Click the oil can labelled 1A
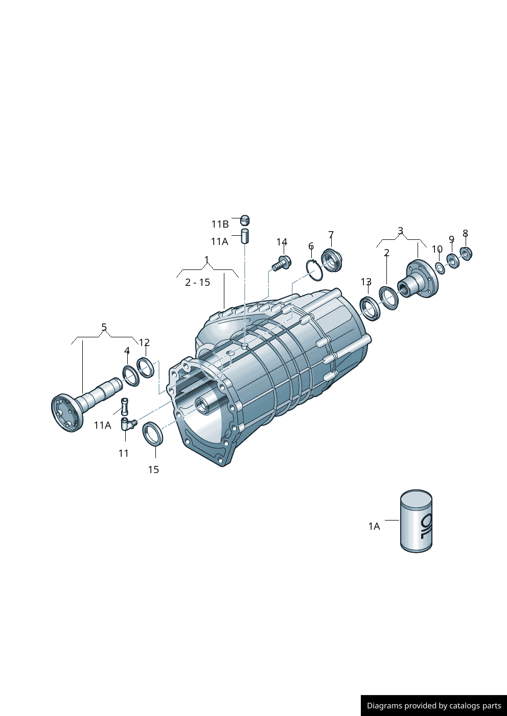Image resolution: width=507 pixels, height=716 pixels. [x=416, y=522]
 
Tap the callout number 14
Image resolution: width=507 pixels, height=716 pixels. [x=282, y=242]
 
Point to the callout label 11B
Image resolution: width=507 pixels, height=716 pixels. [x=220, y=225]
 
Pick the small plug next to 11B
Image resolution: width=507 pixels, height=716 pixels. [x=245, y=220]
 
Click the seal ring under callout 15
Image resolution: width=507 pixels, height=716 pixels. [x=152, y=434]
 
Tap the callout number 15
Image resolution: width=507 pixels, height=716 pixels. [x=153, y=470]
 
